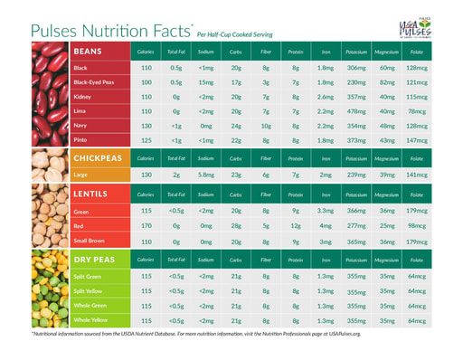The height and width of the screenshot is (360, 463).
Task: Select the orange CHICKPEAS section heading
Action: tap(101, 157)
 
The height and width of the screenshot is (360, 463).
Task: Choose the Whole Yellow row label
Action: tap(90, 320)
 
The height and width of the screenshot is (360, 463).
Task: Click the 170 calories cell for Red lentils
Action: tap(146, 225)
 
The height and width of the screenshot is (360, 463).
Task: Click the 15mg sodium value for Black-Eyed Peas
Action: tap(205, 81)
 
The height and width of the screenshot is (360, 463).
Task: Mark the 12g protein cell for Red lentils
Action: tap(296, 225)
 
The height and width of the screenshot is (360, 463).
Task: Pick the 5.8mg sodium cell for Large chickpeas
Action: tap(205, 175)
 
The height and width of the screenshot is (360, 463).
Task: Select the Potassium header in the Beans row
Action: tap(356, 52)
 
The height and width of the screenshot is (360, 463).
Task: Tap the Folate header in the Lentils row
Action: tap(417, 194)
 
